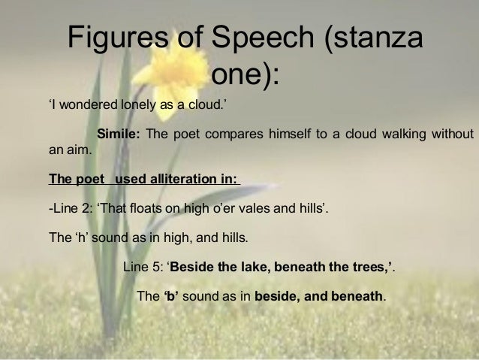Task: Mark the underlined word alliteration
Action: pos(186,180)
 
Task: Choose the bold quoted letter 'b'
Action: pos(170,296)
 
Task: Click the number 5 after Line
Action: pos(156,268)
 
